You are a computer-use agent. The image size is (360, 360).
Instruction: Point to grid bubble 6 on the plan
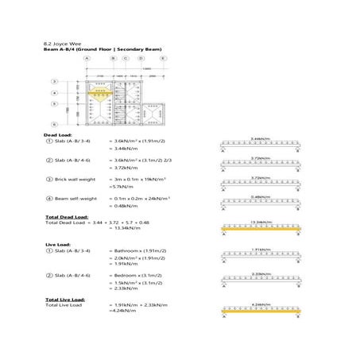(x=55, y=125)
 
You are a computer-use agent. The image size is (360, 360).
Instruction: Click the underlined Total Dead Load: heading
(x=65, y=216)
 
